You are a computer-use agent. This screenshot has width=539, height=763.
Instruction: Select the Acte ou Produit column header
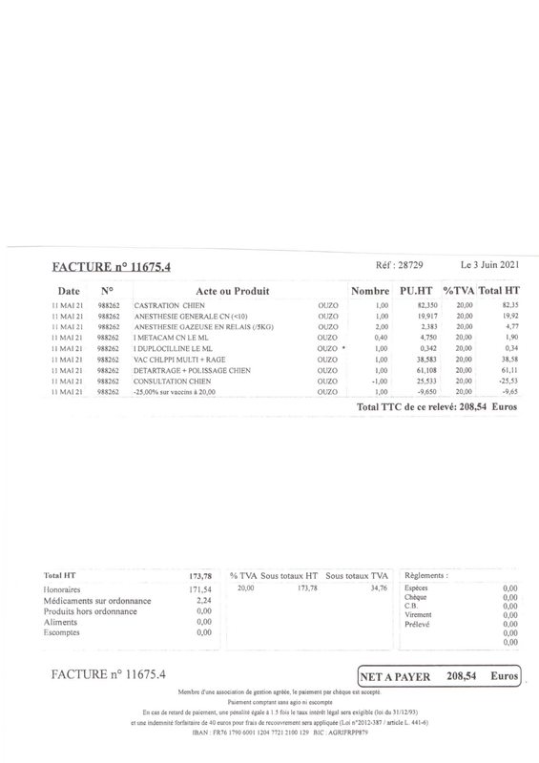coord(232,289)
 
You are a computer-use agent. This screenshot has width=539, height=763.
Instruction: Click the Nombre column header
coord(370,289)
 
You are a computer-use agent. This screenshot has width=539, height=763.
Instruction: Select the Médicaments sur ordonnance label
coord(95,601)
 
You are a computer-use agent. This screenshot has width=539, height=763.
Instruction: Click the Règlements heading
coord(426,576)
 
